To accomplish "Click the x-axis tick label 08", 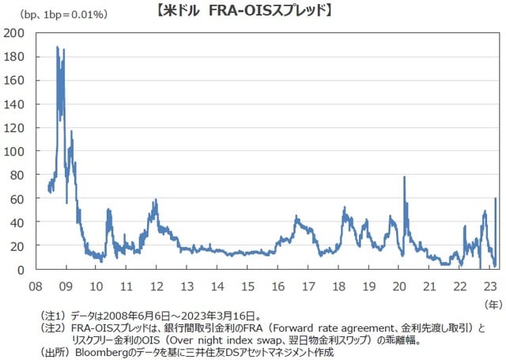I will [x=36, y=286].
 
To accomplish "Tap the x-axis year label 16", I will [x=278, y=286].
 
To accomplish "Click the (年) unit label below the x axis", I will [x=490, y=301].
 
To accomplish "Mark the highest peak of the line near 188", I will [x=58, y=47].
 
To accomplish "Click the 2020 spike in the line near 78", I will [x=404, y=177].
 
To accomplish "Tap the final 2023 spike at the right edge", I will [x=496, y=199].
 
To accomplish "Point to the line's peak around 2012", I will [x=156, y=200].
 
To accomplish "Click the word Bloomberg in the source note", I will [x=103, y=351].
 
